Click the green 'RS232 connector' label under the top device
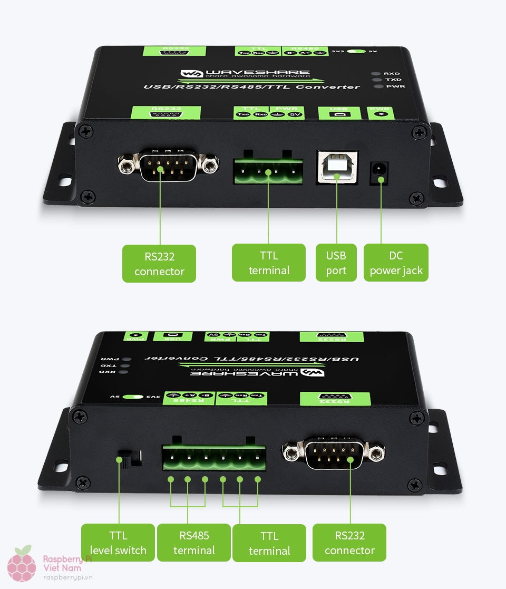click(x=159, y=264)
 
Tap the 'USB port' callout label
click(x=336, y=263)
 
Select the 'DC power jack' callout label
click(x=396, y=263)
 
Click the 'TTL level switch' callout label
click(x=118, y=543)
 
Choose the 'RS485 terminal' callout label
click(x=194, y=543)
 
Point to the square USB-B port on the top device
click(x=337, y=167)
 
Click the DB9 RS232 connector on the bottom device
click(x=334, y=453)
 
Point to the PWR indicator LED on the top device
click(x=376, y=86)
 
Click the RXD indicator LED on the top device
click(x=375, y=74)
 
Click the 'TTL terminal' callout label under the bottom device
click(x=269, y=543)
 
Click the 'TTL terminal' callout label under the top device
click(x=269, y=263)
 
